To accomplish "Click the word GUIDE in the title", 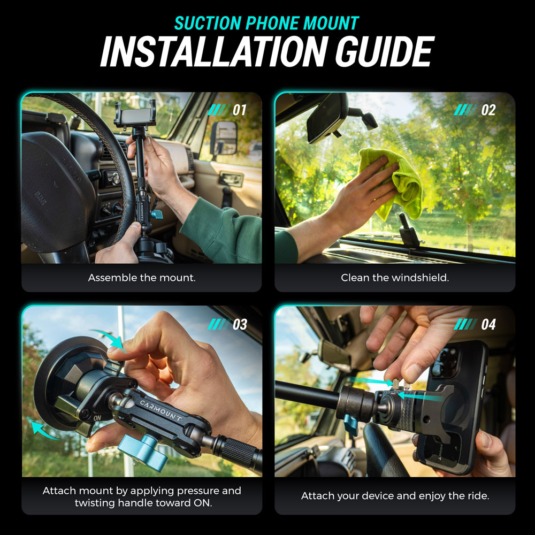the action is [385, 51].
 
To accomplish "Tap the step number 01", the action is [240, 110].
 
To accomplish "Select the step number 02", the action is [488, 110].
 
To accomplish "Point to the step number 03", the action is [240, 324].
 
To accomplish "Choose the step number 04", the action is [488, 324].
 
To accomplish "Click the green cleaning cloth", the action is [392, 182].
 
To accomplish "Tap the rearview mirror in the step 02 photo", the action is [327, 118].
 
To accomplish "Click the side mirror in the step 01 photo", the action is [224, 138].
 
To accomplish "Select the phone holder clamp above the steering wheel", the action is [135, 114].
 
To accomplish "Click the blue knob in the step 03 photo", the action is [143, 452].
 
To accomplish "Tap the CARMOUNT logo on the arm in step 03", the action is [160, 410].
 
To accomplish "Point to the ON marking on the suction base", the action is [97, 418].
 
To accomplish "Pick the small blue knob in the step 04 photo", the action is [351, 424].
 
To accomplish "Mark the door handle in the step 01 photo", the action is [231, 179].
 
